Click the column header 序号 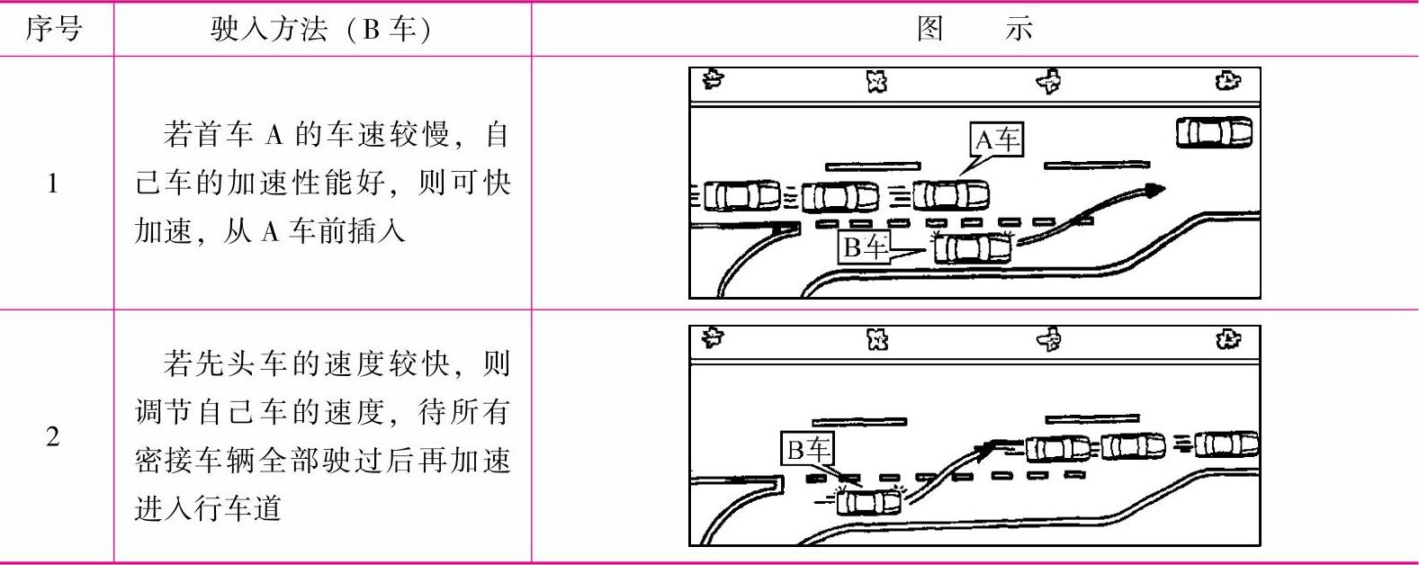click(x=53, y=29)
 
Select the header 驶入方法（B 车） click(x=321, y=29)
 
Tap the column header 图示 click(x=974, y=29)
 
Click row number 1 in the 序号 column click(x=53, y=184)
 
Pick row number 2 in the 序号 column click(x=53, y=437)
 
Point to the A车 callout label click(x=997, y=139)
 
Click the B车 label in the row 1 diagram click(x=864, y=247)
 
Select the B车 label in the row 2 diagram click(x=807, y=449)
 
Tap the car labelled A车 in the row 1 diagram click(x=951, y=195)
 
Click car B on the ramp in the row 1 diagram click(x=973, y=247)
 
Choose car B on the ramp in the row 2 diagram click(x=867, y=500)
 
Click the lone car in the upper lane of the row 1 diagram click(x=1214, y=133)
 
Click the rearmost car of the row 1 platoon click(x=741, y=195)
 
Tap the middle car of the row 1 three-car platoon click(x=840, y=195)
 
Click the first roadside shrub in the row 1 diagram click(x=714, y=79)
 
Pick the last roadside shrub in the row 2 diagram click(x=1228, y=339)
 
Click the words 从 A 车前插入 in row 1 click(x=270, y=231)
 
